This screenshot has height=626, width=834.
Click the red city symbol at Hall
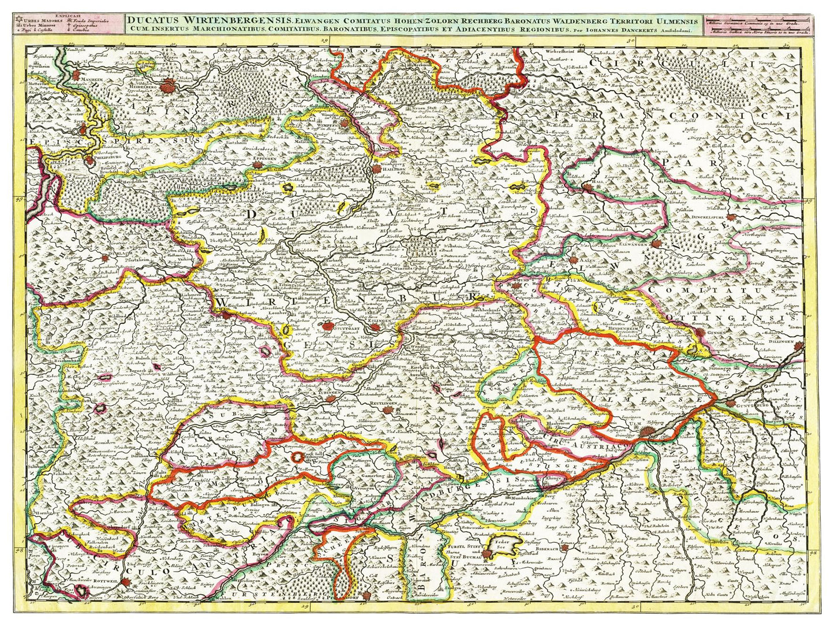click(588, 187)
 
